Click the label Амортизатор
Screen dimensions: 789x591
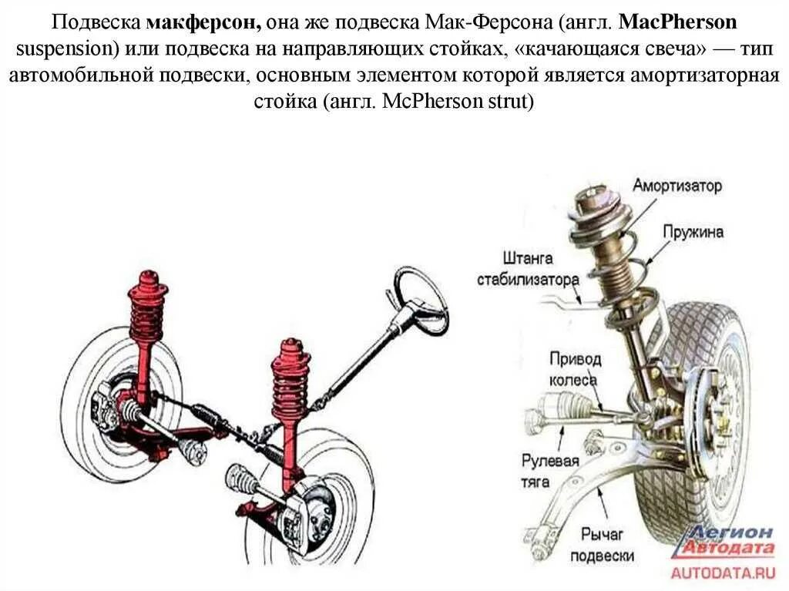tap(677, 186)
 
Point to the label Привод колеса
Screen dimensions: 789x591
tap(572, 368)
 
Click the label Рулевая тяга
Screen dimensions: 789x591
tap(549, 471)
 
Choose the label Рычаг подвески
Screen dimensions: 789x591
tap(609, 544)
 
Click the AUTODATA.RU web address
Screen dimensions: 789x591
tap(722, 572)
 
